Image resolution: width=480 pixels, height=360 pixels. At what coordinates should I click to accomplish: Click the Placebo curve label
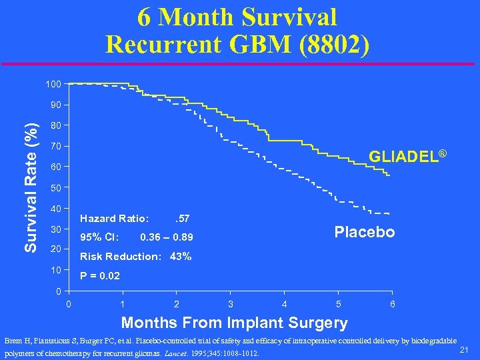[x=365, y=232]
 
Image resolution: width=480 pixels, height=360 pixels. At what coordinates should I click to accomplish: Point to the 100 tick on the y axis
[x=53, y=84]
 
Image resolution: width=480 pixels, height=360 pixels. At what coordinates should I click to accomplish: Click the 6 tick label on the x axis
[x=393, y=304]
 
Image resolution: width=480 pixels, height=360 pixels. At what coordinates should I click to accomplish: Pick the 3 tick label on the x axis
[x=231, y=304]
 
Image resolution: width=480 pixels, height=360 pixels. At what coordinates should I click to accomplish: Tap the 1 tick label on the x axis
[x=123, y=304]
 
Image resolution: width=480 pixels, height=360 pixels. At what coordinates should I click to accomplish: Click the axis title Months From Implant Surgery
[x=234, y=323]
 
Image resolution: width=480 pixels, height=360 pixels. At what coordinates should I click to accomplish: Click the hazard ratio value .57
[x=181, y=218]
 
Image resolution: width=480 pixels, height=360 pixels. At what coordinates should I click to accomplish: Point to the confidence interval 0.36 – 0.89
[x=167, y=237]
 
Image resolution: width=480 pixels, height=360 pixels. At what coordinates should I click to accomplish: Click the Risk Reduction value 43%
[x=180, y=257]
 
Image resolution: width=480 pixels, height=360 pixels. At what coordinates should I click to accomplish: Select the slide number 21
[x=465, y=351]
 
